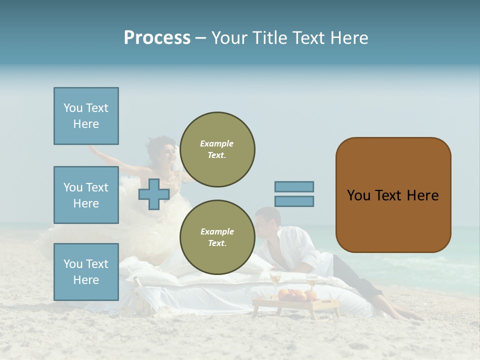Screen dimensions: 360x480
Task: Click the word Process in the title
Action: (x=157, y=38)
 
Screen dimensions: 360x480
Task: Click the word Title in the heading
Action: (x=270, y=38)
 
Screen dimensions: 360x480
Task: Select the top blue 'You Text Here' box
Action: (x=86, y=116)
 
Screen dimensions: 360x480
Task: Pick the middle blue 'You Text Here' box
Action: (x=86, y=195)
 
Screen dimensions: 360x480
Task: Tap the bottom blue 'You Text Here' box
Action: (x=86, y=271)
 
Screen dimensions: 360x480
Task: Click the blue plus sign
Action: (x=154, y=194)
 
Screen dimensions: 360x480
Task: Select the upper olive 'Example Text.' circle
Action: (x=217, y=149)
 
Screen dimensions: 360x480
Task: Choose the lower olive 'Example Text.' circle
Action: (x=217, y=237)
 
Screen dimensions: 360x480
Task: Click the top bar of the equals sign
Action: (x=294, y=186)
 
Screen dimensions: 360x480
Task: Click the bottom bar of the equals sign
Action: (x=294, y=201)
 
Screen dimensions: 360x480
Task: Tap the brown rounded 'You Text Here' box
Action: (x=393, y=195)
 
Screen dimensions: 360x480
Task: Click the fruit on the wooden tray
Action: (x=291, y=295)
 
